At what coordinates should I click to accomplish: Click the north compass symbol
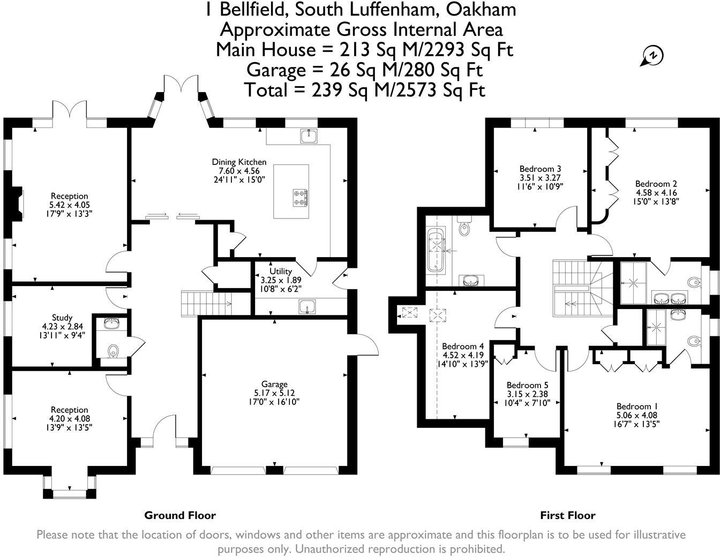pos(652,56)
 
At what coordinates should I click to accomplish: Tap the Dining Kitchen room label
pos(239,162)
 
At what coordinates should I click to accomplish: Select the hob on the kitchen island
pos(301,197)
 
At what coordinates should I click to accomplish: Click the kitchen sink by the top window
pos(309,137)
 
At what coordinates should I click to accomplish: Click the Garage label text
pos(274,384)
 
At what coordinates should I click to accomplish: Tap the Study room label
pos(62,318)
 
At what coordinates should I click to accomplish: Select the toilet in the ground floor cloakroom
pos(113,351)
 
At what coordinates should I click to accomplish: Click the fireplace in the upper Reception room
pos(19,204)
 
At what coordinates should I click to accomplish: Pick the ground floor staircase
pos(206,304)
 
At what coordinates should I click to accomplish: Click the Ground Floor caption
pos(180,515)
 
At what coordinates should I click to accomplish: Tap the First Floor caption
pos(567,515)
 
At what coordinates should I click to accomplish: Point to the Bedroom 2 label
pos(652,184)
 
